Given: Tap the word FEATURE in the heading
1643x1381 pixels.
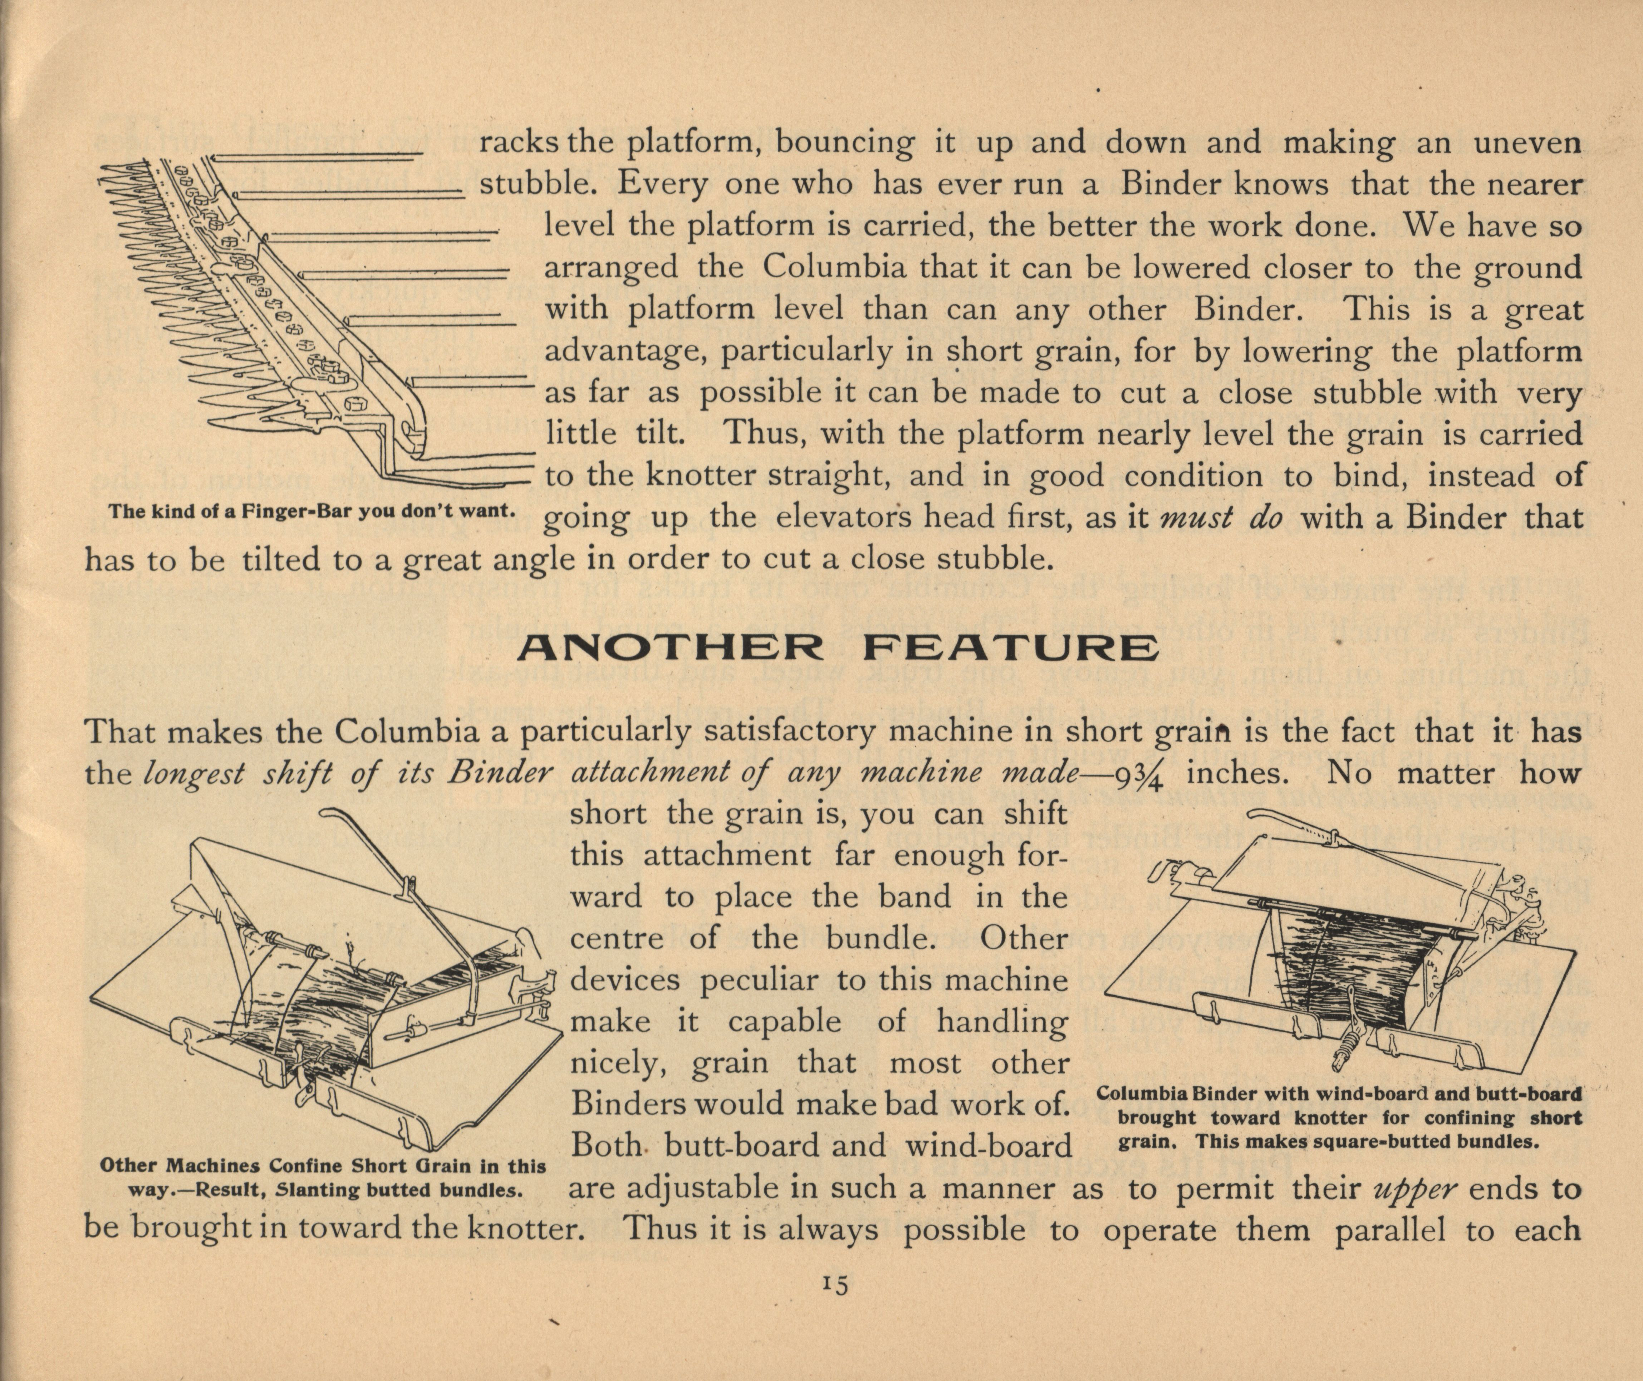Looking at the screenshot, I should click(x=1011, y=648).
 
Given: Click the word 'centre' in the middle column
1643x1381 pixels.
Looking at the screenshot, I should click(x=617, y=939).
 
